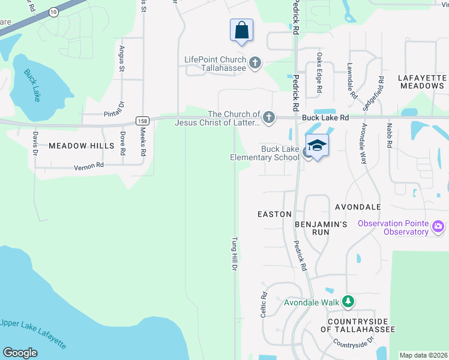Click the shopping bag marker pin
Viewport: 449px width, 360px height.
click(x=241, y=31)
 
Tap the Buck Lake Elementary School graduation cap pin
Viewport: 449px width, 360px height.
click(x=316, y=146)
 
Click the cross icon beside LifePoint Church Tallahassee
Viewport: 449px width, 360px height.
click(x=255, y=63)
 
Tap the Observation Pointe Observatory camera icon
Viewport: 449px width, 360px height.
click(x=438, y=227)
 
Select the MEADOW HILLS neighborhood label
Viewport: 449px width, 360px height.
click(x=81, y=146)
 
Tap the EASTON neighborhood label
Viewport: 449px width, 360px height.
click(x=274, y=214)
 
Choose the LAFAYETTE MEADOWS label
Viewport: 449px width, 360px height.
click(x=423, y=82)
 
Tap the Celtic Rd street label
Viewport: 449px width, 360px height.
click(x=264, y=304)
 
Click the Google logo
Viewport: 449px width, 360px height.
click(x=20, y=353)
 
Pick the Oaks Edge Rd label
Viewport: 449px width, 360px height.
click(x=319, y=74)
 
